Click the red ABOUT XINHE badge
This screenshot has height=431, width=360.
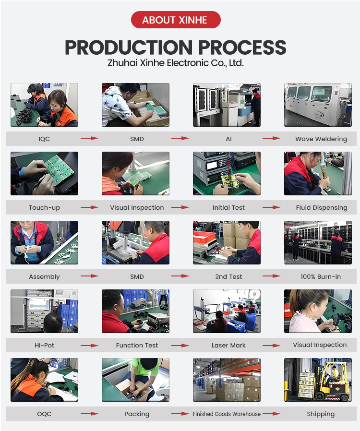[x=176, y=20]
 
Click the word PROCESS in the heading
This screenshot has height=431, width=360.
[x=242, y=48]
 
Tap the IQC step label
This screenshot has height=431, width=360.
[x=44, y=139]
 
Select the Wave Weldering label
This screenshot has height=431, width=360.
[x=321, y=139]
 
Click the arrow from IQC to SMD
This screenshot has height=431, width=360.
[x=89, y=138]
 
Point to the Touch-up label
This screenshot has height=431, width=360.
[x=44, y=207]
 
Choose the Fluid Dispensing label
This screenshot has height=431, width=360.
[x=322, y=207]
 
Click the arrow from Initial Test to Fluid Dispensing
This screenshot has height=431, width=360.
[x=271, y=207]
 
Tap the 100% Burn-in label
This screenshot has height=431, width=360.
[x=321, y=276]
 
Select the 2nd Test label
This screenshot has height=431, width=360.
[x=228, y=276]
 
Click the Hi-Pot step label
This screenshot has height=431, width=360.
[x=44, y=345]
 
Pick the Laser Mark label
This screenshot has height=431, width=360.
[x=228, y=345]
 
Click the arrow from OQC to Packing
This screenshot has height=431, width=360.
[x=89, y=414]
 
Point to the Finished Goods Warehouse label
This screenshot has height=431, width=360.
[x=227, y=414]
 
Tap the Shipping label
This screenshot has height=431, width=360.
[x=321, y=414]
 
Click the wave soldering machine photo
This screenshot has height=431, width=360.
[x=318, y=105]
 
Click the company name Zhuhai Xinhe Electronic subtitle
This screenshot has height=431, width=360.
[x=176, y=63]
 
